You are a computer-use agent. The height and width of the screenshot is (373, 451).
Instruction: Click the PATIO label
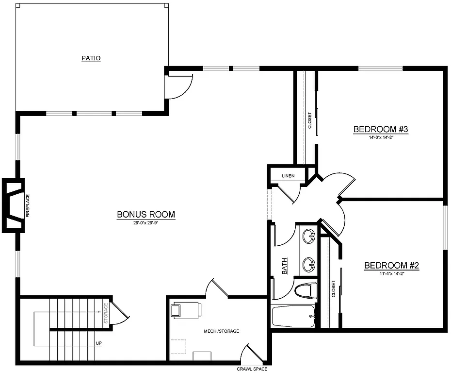click(91, 58)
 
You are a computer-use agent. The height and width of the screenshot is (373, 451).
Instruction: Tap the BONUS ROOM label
click(145, 214)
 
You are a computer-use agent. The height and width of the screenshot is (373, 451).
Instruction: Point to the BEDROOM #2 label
click(391, 266)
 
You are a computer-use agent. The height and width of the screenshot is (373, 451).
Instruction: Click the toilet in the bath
click(306, 290)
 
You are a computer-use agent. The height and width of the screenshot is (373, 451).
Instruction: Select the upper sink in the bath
click(308, 237)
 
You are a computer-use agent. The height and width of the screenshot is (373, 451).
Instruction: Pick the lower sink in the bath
click(308, 265)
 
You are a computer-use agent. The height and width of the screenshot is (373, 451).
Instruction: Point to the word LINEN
click(289, 175)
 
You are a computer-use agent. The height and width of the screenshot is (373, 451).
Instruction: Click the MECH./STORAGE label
click(221, 331)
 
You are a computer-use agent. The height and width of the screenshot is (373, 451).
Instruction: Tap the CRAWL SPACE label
click(252, 369)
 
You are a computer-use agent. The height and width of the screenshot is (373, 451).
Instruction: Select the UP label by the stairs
click(98, 343)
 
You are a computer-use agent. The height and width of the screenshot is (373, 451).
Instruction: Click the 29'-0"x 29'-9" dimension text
click(145, 223)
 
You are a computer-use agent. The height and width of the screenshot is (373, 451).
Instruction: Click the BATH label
click(285, 266)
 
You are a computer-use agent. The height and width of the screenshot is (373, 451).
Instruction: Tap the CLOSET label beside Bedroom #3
click(309, 120)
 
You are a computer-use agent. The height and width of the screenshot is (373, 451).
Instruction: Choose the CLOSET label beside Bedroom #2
click(333, 289)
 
